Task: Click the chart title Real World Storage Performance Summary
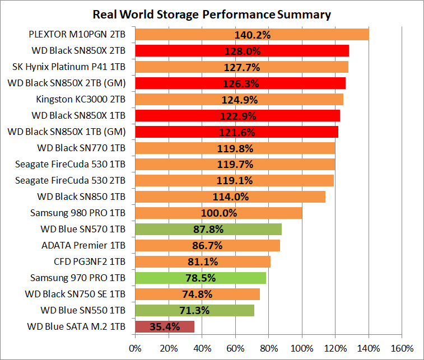coord(212,14)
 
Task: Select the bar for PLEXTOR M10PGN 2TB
coord(185,35)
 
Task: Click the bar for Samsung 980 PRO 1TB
coord(168,213)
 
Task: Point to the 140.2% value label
coord(253,35)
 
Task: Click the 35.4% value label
coord(165,326)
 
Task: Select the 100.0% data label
coord(219,213)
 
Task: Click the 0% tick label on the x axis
coord(135,348)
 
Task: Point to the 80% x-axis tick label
coord(269,348)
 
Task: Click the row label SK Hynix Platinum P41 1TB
coord(69,67)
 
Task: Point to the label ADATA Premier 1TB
coord(83,245)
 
